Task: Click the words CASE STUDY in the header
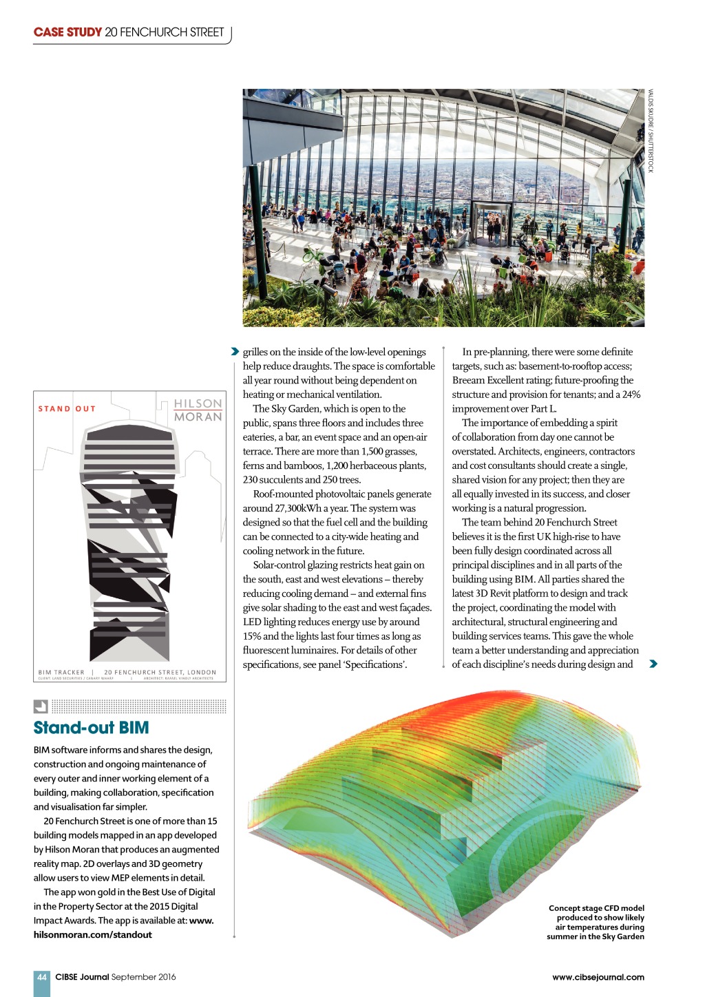tap(67, 32)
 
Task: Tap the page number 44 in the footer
tap(42, 976)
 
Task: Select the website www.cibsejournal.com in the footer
tap(598, 976)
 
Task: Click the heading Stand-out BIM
tap(91, 728)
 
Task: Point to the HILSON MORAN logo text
tap(198, 410)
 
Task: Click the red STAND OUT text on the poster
tap(67, 409)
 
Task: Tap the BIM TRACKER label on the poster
tap(61, 672)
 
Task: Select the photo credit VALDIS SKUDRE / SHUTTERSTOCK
tap(650, 131)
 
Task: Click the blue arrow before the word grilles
tap(235, 352)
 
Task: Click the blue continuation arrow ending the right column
tap(653, 664)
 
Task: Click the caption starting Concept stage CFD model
tap(596, 922)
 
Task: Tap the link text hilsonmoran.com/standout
tap(93, 934)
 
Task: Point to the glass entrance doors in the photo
tap(491, 223)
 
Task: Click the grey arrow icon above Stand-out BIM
tap(41, 706)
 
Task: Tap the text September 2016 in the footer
tap(143, 976)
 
